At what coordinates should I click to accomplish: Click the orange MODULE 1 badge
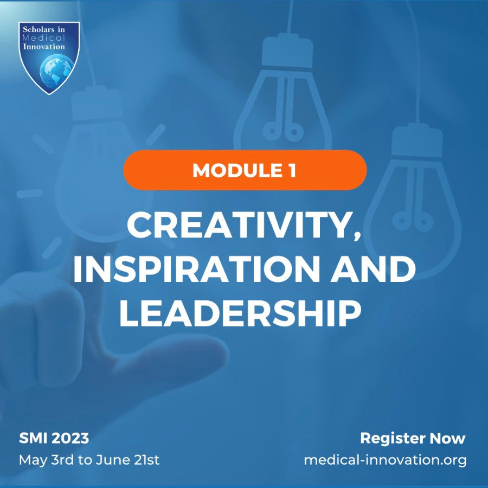245,170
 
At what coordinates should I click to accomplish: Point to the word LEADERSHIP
240,314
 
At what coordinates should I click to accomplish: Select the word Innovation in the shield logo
49,47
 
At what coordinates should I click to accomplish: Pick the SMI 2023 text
54,438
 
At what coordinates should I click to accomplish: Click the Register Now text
413,438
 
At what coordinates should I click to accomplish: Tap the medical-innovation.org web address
385,460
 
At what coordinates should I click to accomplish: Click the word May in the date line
31,460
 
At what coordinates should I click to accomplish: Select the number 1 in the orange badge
292,170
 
